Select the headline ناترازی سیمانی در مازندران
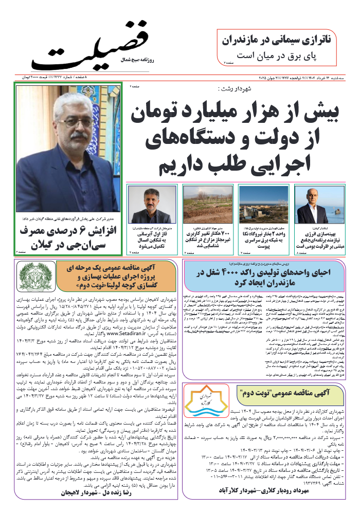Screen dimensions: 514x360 (281, 39)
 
